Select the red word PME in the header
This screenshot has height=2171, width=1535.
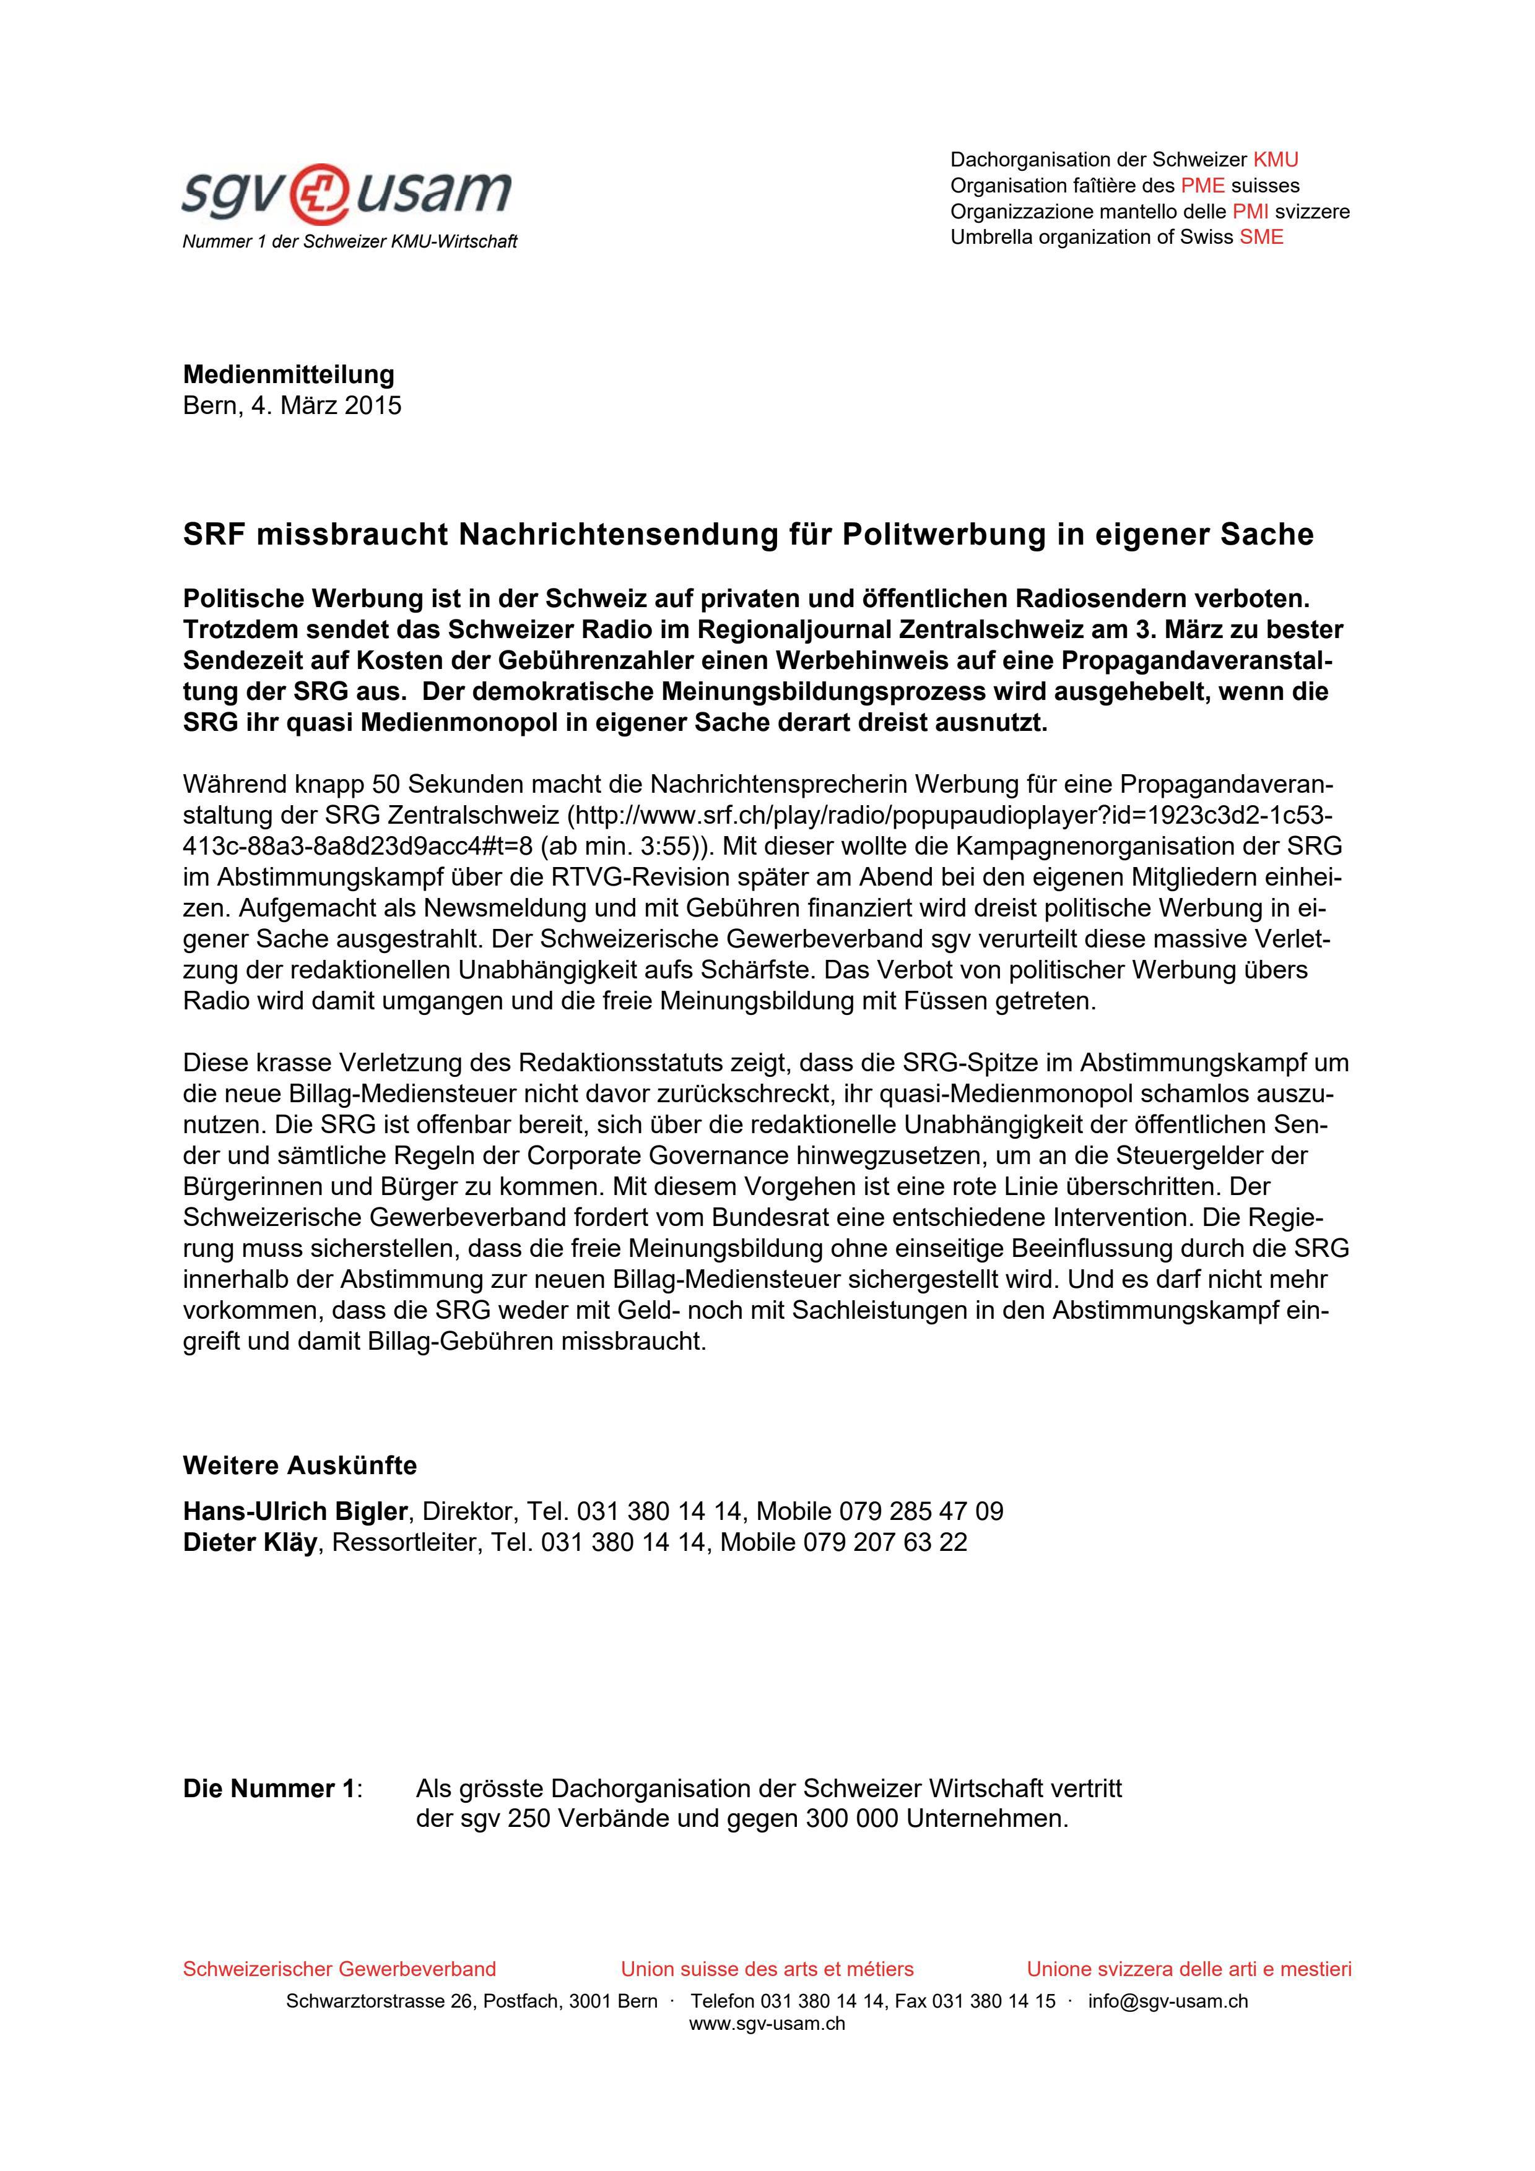pos(1202,185)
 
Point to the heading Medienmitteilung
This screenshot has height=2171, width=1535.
pos(289,374)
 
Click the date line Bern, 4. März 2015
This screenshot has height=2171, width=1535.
pos(292,405)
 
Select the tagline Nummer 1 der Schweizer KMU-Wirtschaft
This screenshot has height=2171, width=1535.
pos(349,242)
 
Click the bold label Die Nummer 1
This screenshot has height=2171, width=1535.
pos(269,1789)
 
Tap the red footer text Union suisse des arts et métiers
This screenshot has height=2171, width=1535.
pos(767,1970)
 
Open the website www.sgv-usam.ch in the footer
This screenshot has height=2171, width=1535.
pos(767,2024)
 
